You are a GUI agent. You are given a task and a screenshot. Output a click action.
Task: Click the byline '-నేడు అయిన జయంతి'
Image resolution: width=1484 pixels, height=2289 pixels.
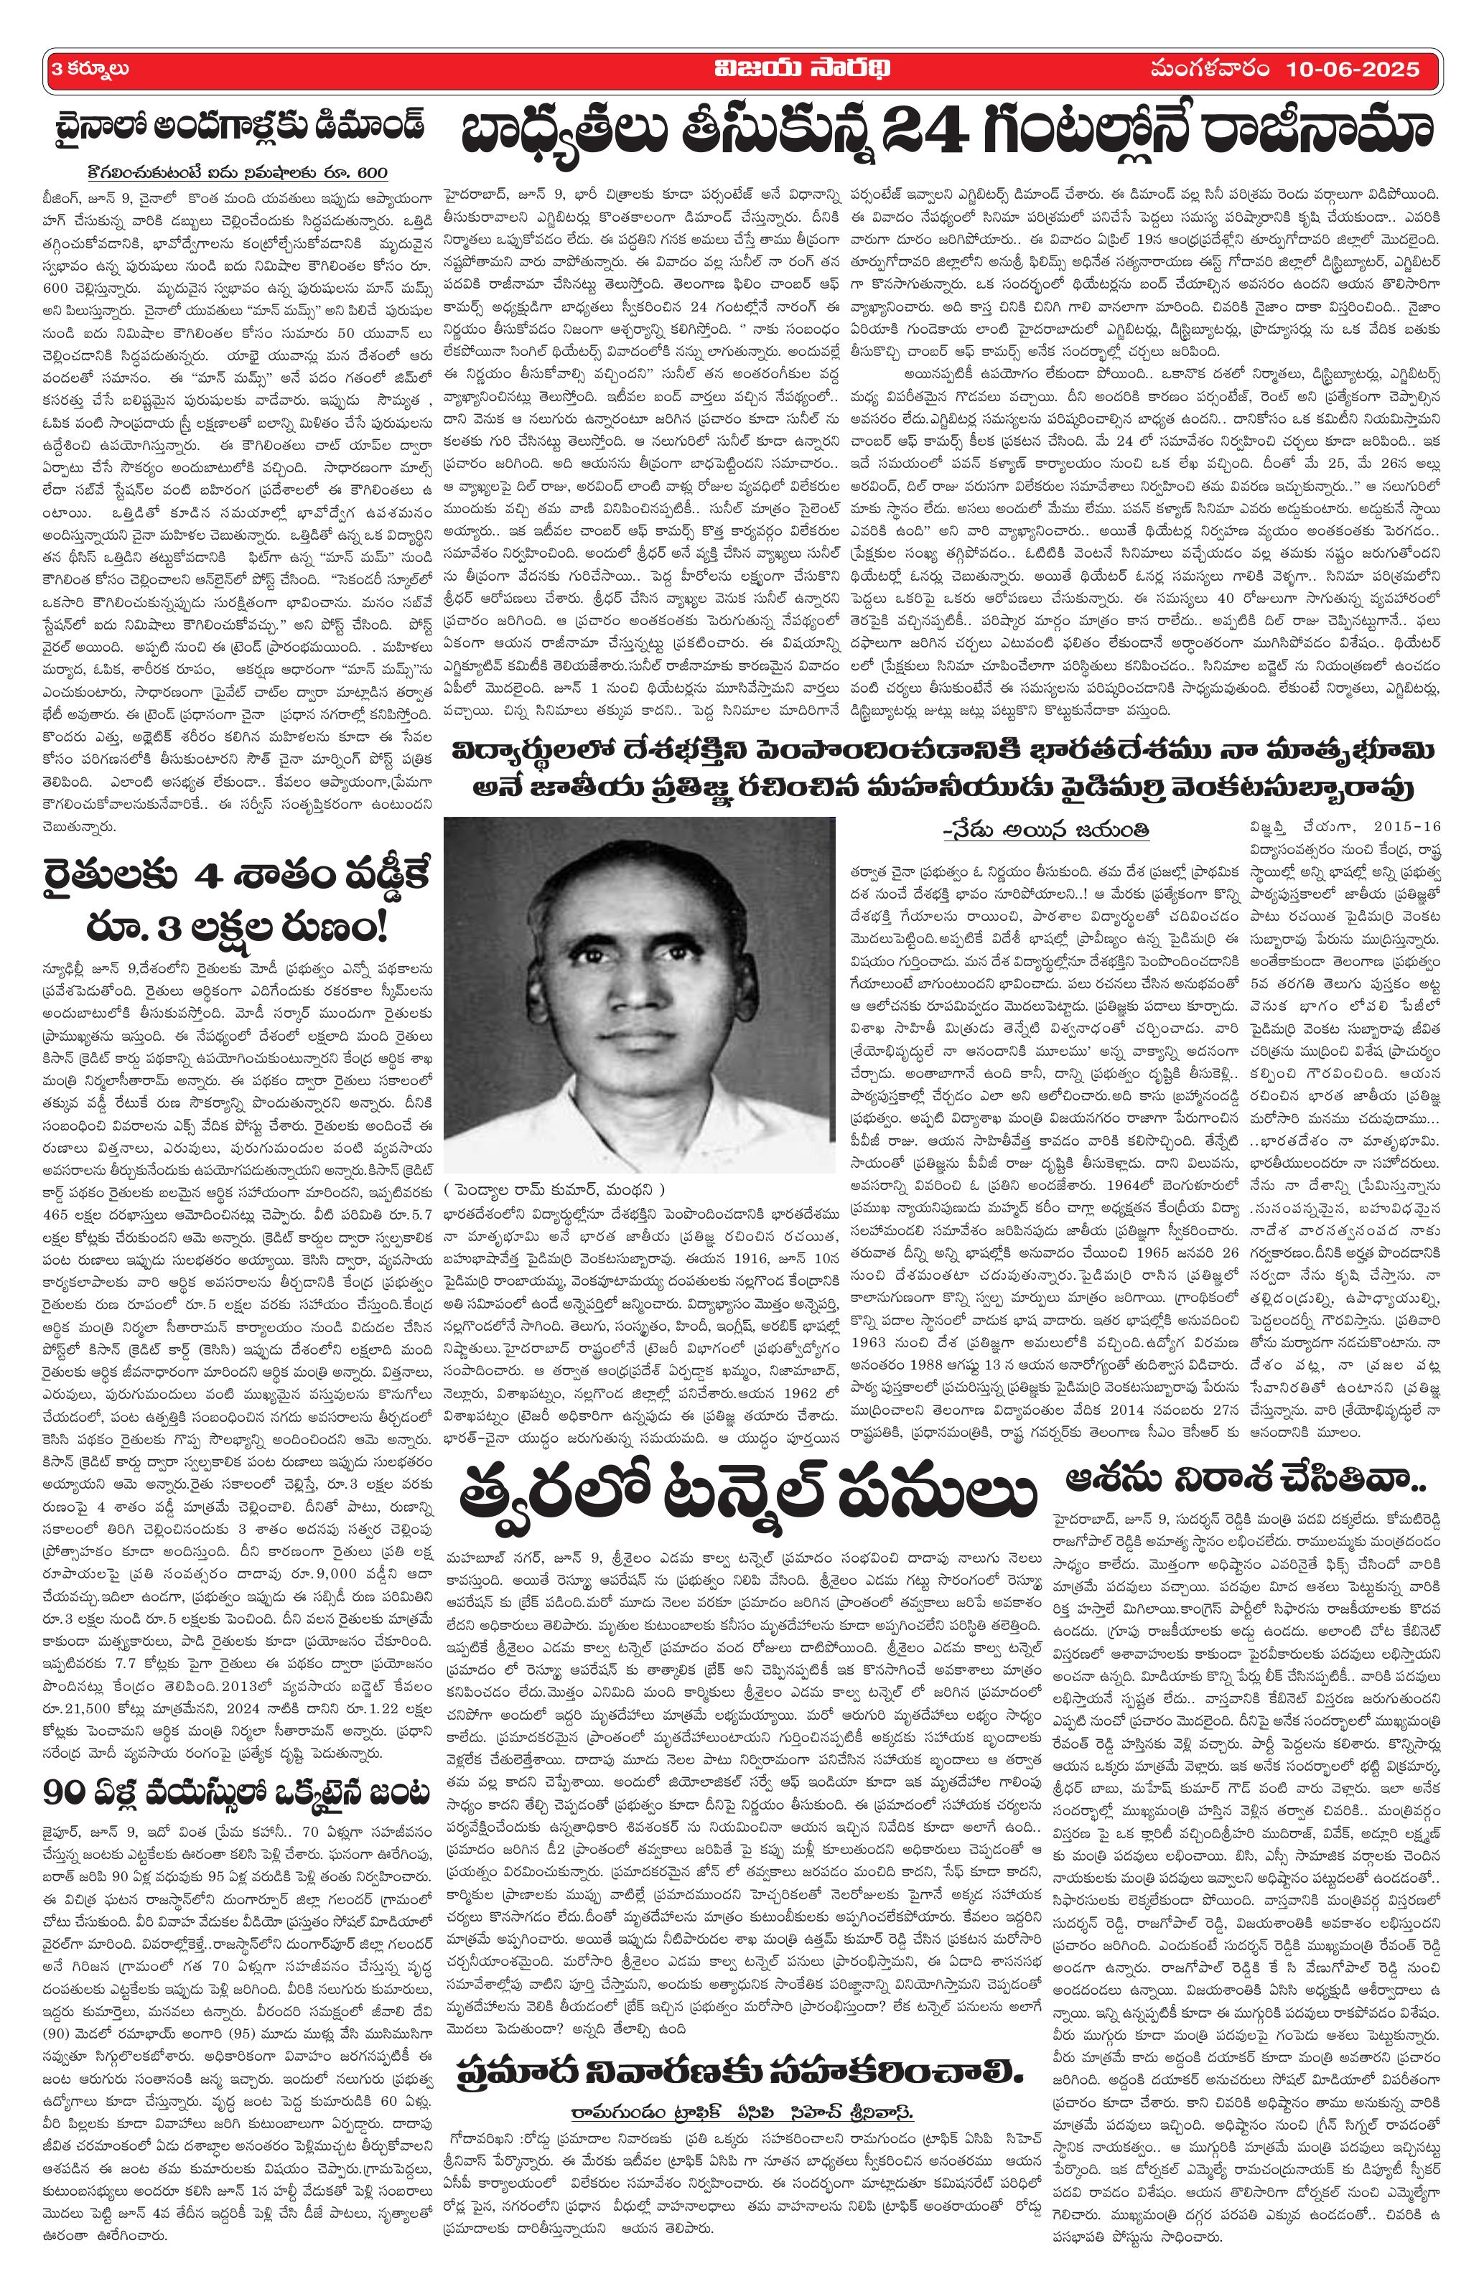tap(1046, 829)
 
